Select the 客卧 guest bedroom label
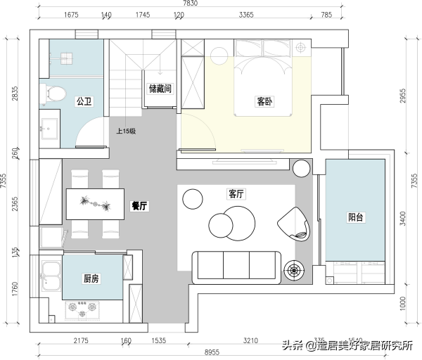tap(264, 101)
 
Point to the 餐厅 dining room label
tap(139, 206)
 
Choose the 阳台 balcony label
tap(357, 217)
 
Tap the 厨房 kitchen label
tap(91, 279)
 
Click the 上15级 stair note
tap(126, 131)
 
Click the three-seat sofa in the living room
tap(236, 266)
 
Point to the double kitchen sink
tap(51, 276)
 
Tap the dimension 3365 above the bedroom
tap(246, 15)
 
